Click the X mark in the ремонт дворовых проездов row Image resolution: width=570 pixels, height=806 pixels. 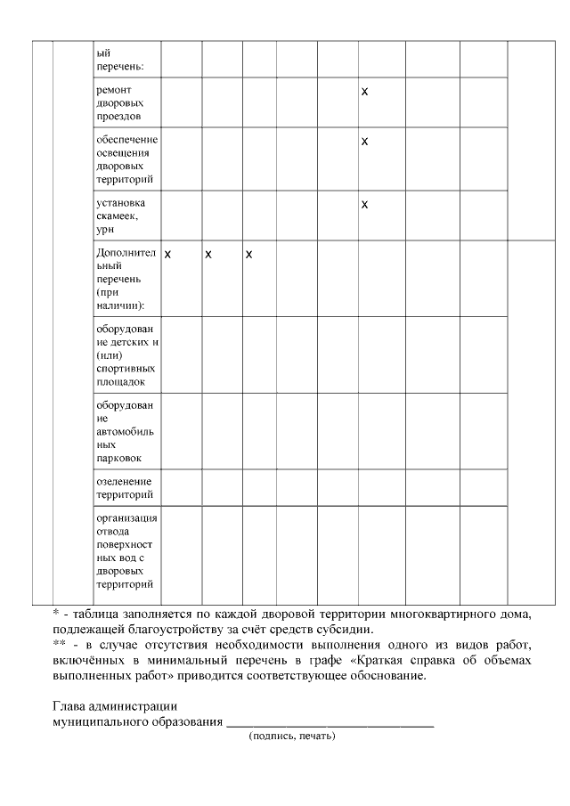click(364, 92)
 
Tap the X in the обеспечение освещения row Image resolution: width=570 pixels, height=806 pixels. click(364, 141)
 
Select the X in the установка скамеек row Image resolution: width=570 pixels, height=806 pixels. click(364, 205)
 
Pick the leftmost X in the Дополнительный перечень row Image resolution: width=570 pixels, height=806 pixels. click(167, 255)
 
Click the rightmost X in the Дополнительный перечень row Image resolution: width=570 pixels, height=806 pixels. click(249, 255)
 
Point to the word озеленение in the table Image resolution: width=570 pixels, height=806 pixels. click(124, 482)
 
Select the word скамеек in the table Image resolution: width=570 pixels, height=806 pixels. click(118, 216)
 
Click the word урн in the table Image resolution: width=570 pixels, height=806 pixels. click(105, 230)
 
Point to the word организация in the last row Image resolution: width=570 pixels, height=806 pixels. click(126, 518)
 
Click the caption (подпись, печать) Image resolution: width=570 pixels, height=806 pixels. click(292, 737)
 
